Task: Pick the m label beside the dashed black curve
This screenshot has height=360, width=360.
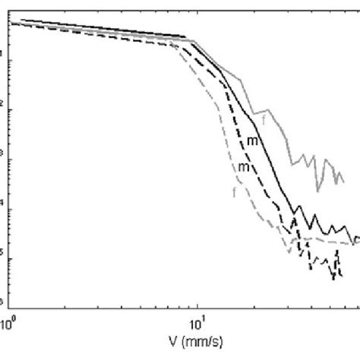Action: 244,166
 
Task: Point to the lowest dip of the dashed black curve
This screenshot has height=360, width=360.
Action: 332,279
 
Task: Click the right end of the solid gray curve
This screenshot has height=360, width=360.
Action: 344,181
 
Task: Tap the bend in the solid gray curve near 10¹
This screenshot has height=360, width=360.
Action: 195,41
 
